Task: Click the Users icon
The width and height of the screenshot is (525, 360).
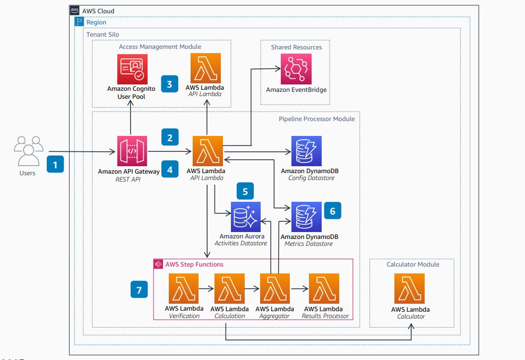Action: (x=27, y=151)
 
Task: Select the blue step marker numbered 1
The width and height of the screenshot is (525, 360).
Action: (x=56, y=165)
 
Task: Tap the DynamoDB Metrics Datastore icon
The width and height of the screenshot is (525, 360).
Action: (x=306, y=217)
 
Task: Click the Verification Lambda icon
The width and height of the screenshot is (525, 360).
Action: (x=184, y=289)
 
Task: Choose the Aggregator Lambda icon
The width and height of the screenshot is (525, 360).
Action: (x=276, y=289)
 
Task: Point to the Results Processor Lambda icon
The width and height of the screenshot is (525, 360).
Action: (x=325, y=289)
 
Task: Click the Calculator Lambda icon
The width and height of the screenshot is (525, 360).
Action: (x=410, y=289)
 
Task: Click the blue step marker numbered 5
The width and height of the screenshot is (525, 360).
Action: (x=245, y=191)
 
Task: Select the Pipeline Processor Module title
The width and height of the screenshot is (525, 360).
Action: (x=316, y=119)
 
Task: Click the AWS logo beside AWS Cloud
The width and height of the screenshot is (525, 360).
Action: (x=74, y=11)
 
